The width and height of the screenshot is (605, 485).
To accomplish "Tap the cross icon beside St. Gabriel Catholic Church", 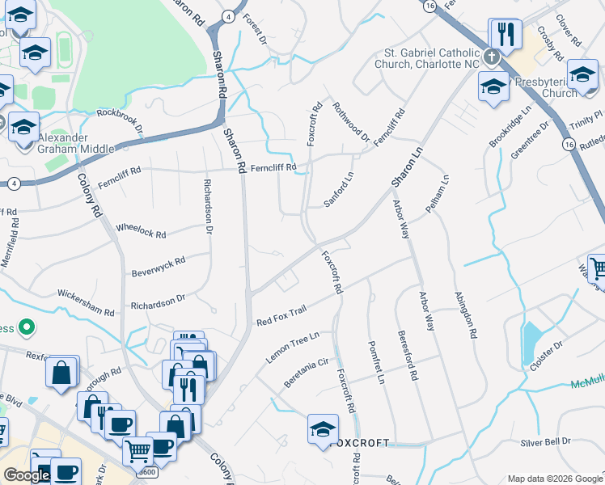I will click(491, 58).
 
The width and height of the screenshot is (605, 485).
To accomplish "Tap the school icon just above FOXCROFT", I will click(323, 429).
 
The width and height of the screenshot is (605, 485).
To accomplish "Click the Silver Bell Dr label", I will click(545, 442).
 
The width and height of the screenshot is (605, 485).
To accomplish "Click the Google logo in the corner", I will click(27, 474).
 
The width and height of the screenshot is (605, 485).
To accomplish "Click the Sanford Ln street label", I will click(339, 190).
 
